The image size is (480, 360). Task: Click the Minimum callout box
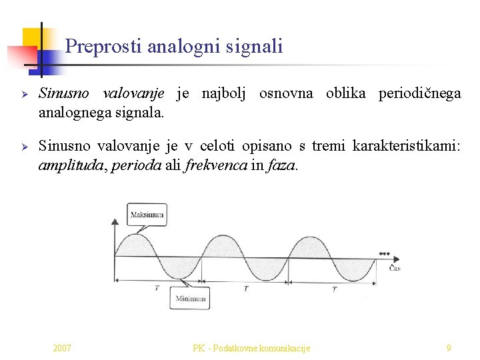(190, 298)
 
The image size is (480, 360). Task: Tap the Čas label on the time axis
(395, 268)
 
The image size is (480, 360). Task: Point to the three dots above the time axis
(384, 253)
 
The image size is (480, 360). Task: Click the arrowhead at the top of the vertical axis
(116, 220)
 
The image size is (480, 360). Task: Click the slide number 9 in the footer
(449, 347)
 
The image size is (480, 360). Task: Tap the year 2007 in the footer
(63, 347)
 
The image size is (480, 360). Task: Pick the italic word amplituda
(67, 165)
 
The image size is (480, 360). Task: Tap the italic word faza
(281, 165)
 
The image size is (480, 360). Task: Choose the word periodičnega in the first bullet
(419, 93)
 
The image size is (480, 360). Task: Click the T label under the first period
(157, 288)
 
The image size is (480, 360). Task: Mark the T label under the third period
(334, 289)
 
